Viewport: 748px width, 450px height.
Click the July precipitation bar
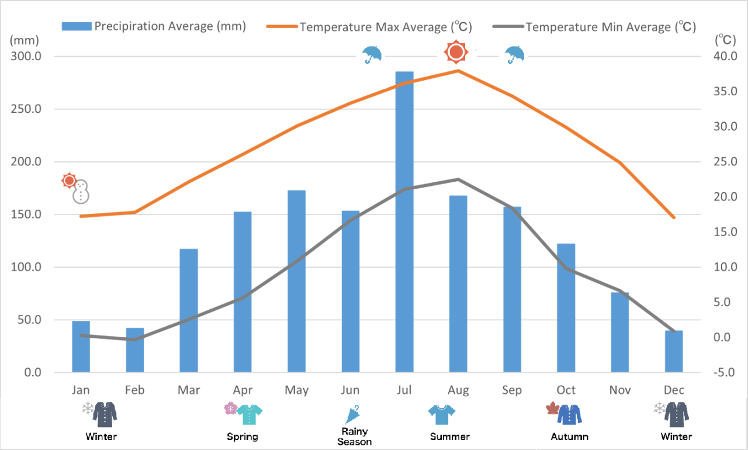tap(404, 222)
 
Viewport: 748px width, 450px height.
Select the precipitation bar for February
tap(135, 350)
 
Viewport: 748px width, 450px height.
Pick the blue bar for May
tap(297, 281)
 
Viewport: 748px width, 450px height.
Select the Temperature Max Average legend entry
tap(369, 27)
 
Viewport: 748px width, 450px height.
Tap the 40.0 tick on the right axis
tap(722, 57)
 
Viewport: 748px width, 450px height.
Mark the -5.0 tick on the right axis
tap(722, 372)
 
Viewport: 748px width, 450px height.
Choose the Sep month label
tap(512, 390)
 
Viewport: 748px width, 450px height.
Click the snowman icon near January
tap(81, 192)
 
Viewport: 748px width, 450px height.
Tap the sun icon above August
tap(456, 53)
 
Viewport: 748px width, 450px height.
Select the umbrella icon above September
tap(515, 54)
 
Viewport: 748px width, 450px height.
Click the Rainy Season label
tap(355, 437)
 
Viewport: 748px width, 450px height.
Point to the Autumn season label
tap(570, 437)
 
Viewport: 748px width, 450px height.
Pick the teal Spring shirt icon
tap(250, 414)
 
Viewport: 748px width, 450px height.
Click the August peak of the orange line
tap(458, 71)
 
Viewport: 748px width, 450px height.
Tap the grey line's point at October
tap(566, 269)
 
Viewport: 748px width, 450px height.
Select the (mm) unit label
tap(24, 40)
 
